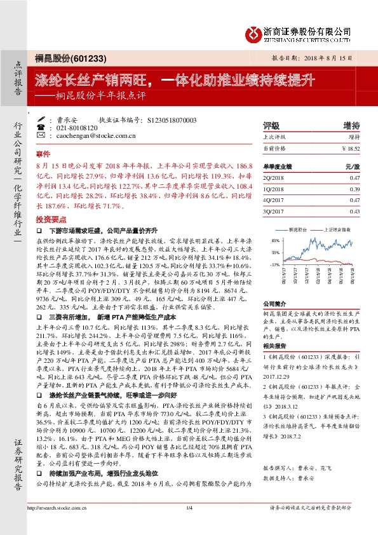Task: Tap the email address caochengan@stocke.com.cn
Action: [92, 136]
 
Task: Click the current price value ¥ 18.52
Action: [351, 147]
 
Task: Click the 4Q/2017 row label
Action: [274, 200]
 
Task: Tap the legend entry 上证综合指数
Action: [337, 227]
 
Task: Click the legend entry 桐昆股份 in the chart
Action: [300, 227]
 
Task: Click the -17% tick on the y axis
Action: [275, 264]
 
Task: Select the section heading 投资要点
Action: [48, 218]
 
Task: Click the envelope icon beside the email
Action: [41, 136]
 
